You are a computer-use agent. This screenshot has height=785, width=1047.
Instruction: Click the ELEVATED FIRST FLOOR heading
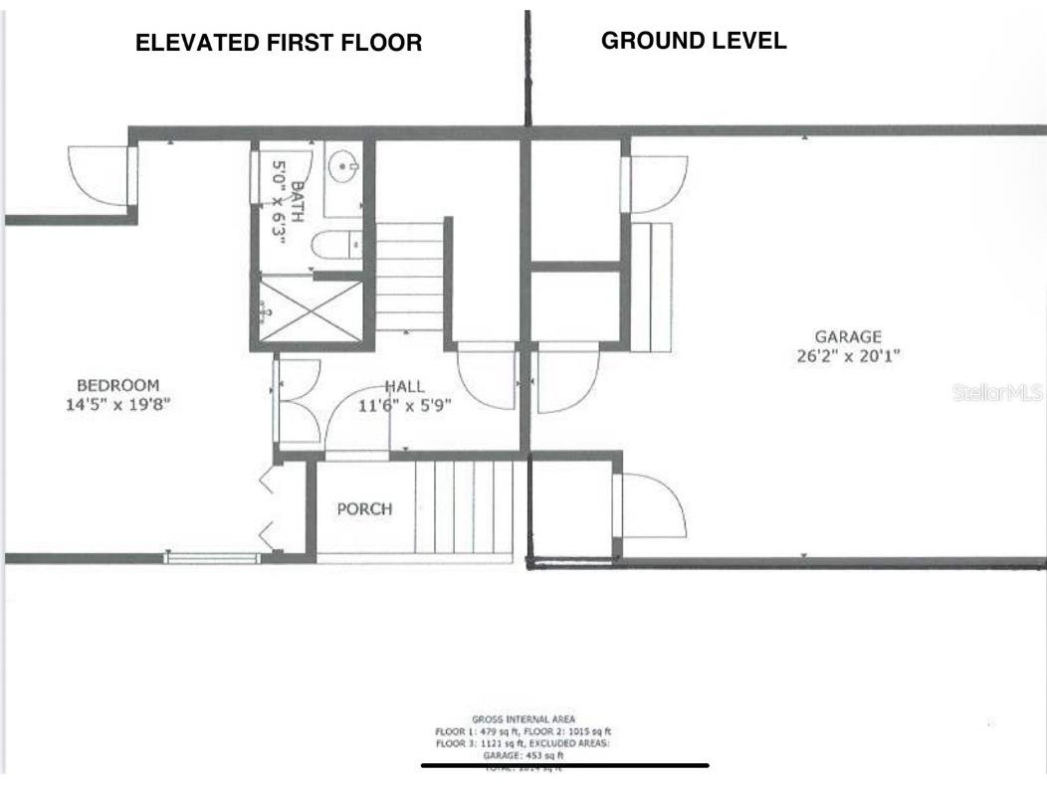(279, 43)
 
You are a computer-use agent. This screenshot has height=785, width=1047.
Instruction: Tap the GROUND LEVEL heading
(694, 41)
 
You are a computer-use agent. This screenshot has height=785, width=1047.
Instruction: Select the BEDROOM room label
(118, 385)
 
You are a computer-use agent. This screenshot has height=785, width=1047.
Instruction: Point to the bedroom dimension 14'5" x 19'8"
(118, 404)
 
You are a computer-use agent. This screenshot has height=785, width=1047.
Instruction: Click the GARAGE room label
(848, 337)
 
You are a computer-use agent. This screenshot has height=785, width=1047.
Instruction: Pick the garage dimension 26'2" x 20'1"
(848, 355)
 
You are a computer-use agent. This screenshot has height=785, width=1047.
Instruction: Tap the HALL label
(404, 386)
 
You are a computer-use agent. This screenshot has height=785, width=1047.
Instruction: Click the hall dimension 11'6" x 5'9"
(405, 405)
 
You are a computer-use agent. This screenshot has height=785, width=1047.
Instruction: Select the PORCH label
(364, 508)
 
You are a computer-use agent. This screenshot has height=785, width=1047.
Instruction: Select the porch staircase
(463, 506)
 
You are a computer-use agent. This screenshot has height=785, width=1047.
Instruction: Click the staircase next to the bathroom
(409, 277)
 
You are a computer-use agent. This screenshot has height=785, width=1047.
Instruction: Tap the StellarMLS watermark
(996, 393)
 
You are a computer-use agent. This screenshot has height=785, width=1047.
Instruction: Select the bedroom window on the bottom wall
(211, 558)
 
